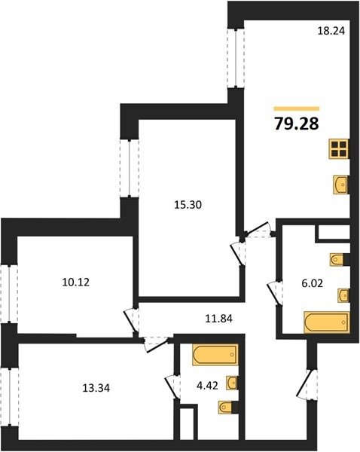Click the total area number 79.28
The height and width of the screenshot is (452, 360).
297,124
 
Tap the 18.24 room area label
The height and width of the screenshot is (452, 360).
331,31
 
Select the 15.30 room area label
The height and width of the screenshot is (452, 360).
188,205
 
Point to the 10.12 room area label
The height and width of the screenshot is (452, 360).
76,282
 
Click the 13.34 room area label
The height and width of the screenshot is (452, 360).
96,388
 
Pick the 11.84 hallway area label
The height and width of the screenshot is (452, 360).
218,319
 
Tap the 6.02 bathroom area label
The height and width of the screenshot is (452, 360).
312,283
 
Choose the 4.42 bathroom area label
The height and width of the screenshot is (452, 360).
207,386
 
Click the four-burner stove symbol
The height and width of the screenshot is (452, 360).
339,148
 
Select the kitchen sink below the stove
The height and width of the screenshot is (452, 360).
341,185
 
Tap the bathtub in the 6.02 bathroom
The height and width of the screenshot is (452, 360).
327,322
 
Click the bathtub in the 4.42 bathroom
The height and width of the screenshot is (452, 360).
215,355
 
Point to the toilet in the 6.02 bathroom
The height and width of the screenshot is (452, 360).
337,259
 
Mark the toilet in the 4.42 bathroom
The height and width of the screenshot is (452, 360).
226,407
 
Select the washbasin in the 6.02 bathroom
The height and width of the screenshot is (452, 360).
343,295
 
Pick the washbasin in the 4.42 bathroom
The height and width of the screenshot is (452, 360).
232,383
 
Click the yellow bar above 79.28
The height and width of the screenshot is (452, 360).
297,108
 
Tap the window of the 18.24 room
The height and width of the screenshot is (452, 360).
236,58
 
